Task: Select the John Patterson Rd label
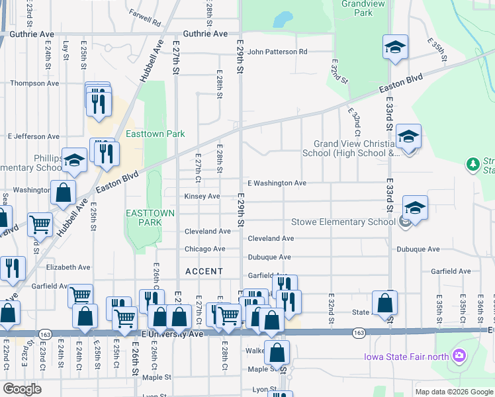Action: tap(277, 52)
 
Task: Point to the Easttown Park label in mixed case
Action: tap(156, 134)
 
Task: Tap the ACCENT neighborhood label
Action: tap(204, 271)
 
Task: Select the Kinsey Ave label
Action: tap(202, 197)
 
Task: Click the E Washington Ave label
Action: tap(277, 183)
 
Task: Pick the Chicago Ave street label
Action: tap(205, 249)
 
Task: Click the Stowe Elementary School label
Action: tap(343, 222)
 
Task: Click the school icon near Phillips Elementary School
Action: tap(74, 160)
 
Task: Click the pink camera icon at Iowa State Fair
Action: tap(459, 357)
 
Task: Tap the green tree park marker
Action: tap(472, 163)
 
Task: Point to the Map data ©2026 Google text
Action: tap(454, 392)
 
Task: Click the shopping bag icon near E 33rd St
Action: tap(384, 304)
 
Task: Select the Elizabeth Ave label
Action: tap(68, 267)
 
